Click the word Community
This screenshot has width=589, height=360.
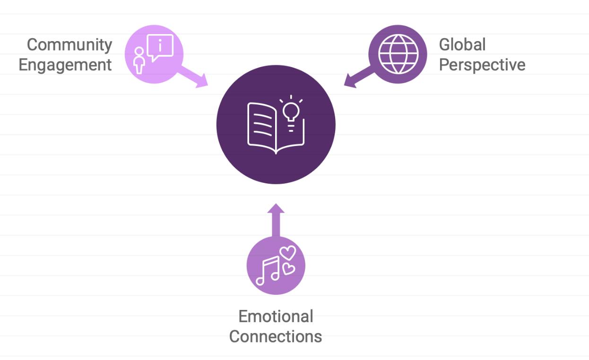(x=69, y=45)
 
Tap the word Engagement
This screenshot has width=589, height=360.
(x=65, y=65)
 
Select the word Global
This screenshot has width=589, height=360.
(x=462, y=44)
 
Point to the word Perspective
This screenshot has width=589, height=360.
(x=482, y=65)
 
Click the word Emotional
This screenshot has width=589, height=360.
(x=276, y=316)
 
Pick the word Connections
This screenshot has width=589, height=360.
(x=276, y=336)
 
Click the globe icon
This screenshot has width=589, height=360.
(x=398, y=54)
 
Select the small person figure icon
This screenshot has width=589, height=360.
(x=139, y=60)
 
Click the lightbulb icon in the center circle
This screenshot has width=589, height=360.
(x=291, y=113)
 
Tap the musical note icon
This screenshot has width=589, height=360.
(x=268, y=271)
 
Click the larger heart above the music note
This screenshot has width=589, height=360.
(x=288, y=253)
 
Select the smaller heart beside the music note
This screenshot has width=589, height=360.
(x=288, y=269)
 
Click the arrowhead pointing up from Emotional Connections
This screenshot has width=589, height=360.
(x=276, y=208)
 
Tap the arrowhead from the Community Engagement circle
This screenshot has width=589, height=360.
(x=202, y=81)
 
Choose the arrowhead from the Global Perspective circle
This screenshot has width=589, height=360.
(x=350, y=81)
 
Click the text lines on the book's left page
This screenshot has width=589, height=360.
(x=262, y=125)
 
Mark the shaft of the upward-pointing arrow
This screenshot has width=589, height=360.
(x=276, y=225)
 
